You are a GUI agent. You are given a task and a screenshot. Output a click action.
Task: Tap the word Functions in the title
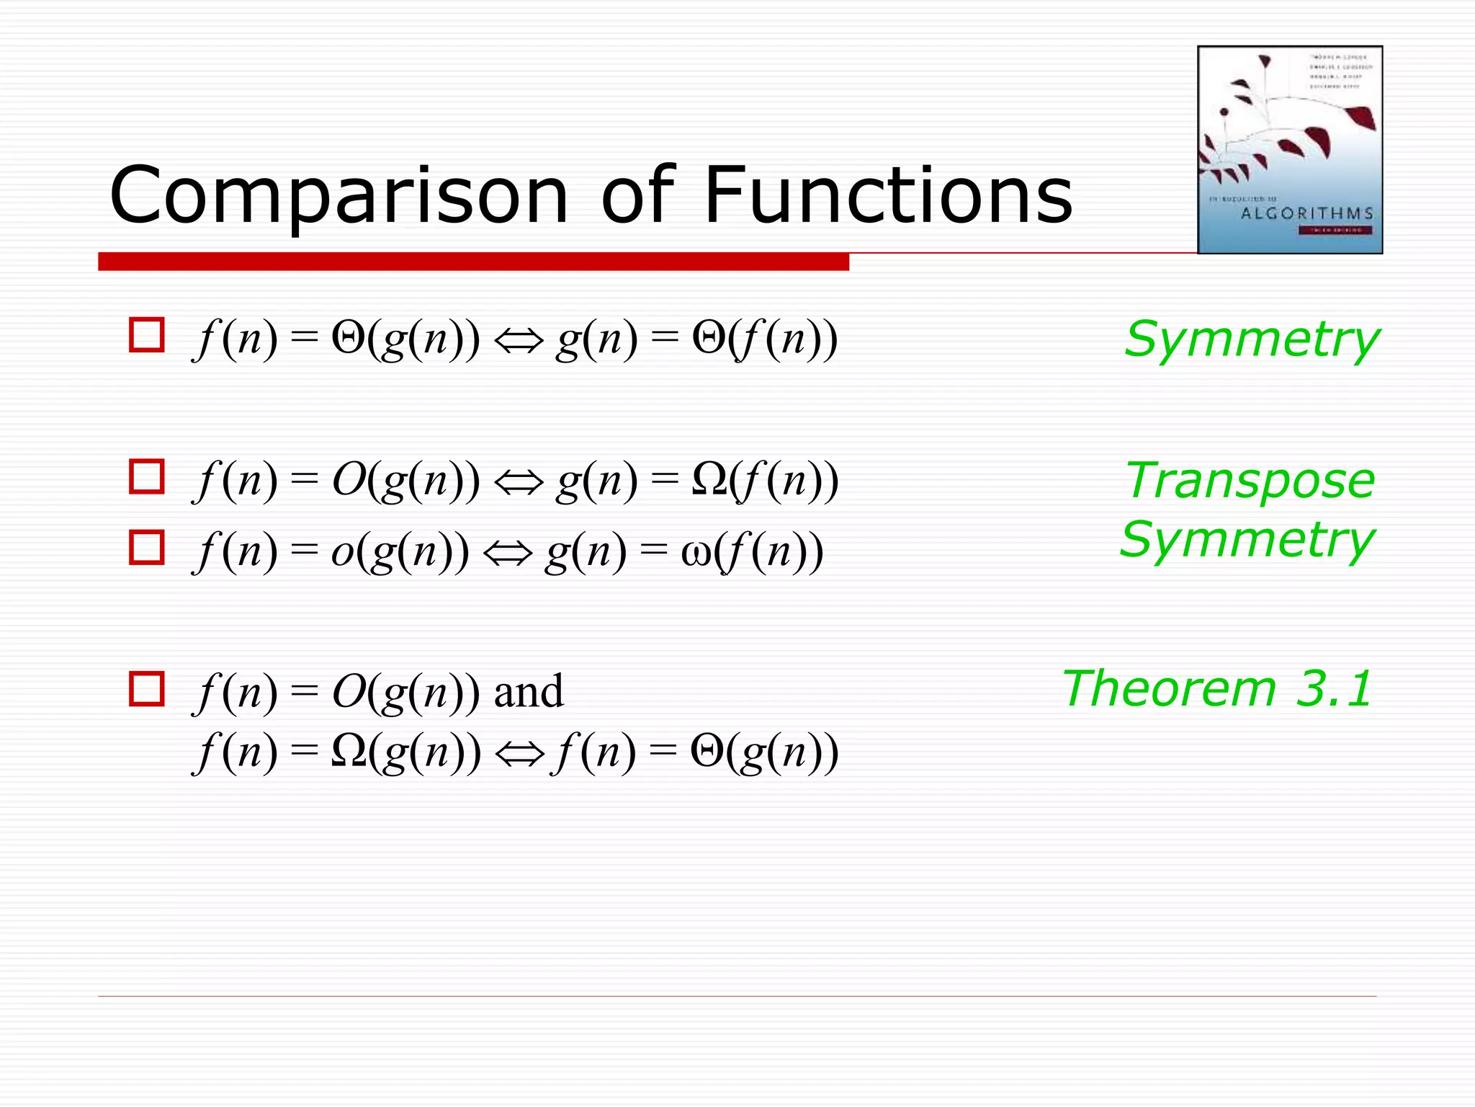coord(887,195)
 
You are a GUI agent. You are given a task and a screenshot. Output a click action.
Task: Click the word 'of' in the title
coord(638,195)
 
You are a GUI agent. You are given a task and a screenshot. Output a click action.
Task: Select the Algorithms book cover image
coord(1289,149)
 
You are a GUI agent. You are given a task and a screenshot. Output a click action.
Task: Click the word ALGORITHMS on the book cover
coord(1306,213)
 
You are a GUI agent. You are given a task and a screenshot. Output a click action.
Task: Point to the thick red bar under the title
coord(473,262)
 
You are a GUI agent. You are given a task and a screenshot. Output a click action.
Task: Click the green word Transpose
coord(1250,481)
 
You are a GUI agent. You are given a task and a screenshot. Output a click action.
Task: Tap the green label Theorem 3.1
coord(1217,689)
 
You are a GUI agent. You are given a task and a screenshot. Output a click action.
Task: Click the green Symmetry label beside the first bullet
coord(1251,339)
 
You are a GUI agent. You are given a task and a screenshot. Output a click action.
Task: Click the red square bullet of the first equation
coord(147,335)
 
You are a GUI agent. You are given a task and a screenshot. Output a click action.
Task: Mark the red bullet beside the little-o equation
coord(147,548)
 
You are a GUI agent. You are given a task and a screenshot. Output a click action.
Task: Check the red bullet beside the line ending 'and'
coord(147,689)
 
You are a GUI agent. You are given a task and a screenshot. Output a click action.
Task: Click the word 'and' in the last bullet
coord(528,692)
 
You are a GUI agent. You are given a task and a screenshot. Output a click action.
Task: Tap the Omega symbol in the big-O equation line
coord(709,479)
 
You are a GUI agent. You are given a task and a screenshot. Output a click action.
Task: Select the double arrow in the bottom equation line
coord(519,753)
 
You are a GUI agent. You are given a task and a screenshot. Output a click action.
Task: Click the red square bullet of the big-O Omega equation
coord(147,476)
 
